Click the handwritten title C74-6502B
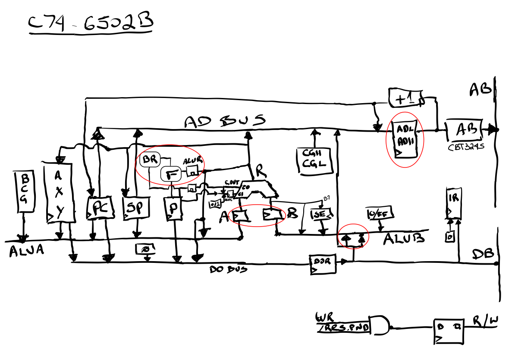[91, 25]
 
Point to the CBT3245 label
[465, 146]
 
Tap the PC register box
[100, 208]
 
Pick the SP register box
[136, 208]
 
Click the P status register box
[173, 209]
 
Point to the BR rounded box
[150, 159]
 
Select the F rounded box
[170, 174]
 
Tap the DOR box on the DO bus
[323, 263]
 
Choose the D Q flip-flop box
[449, 332]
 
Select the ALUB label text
[404, 238]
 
